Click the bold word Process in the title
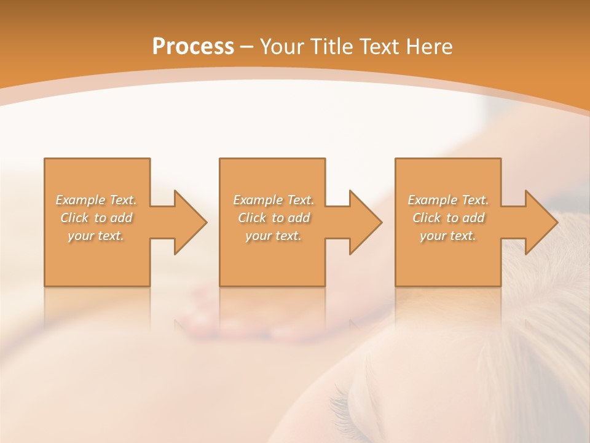pyautogui.click(x=193, y=47)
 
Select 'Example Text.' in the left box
pyautogui.click(x=96, y=200)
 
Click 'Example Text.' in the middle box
pyautogui.click(x=273, y=200)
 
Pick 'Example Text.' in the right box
pyautogui.click(x=448, y=200)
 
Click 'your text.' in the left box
pyautogui.click(x=96, y=236)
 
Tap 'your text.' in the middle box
pyautogui.click(x=273, y=236)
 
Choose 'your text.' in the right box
pyautogui.click(x=448, y=236)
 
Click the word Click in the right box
pyautogui.click(x=427, y=218)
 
